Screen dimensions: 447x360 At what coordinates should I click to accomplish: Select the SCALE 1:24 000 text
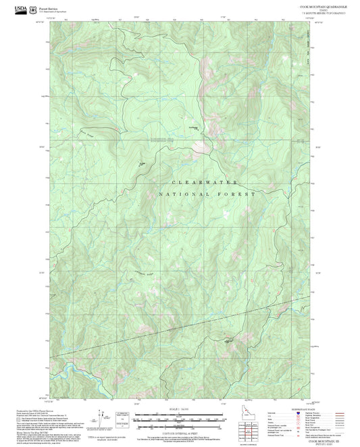pyautogui.click(x=180, y=409)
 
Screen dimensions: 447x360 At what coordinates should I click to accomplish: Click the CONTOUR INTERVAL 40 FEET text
pyautogui.click(x=180, y=433)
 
